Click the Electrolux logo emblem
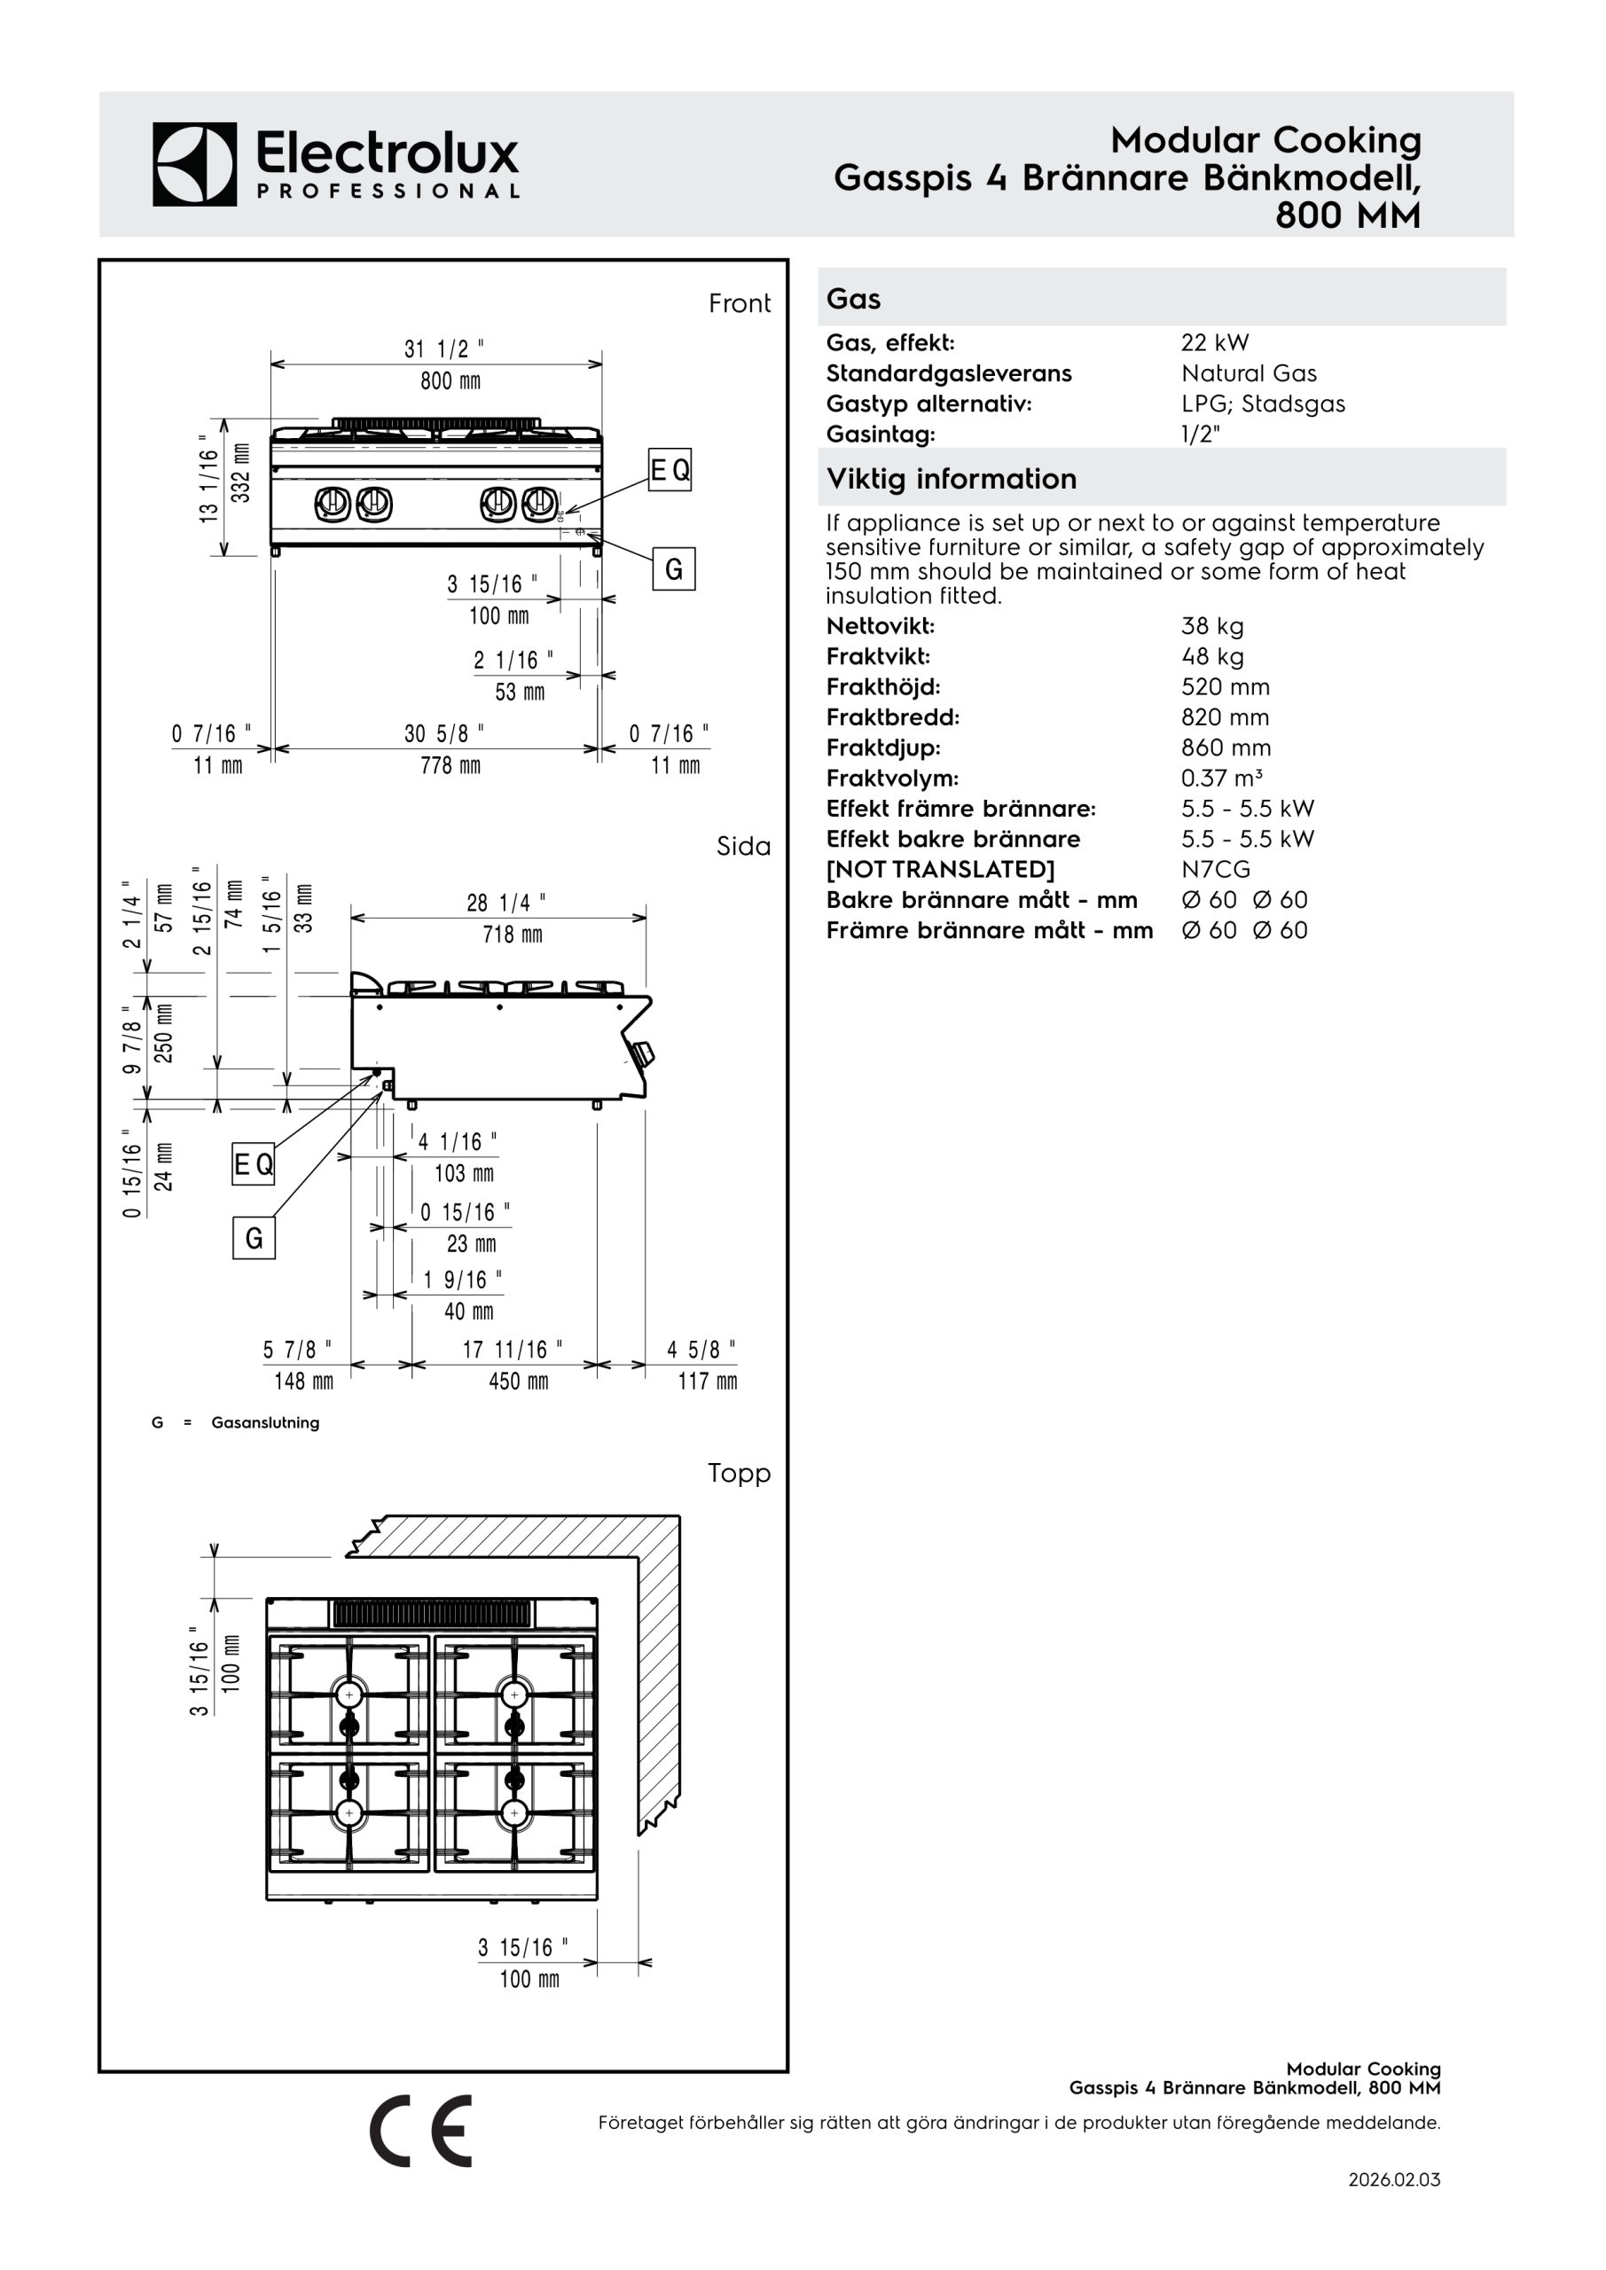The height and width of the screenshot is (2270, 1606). pyautogui.click(x=195, y=164)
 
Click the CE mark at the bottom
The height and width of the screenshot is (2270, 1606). pyautogui.click(x=421, y=2131)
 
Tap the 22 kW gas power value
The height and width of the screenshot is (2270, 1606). pyautogui.click(x=1214, y=343)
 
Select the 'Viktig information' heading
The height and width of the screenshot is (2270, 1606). pyautogui.click(x=952, y=479)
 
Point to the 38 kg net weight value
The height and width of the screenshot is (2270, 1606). pyautogui.click(x=1212, y=627)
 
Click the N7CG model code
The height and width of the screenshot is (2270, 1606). pyautogui.click(x=1216, y=869)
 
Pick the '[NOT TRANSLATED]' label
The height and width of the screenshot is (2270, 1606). pyautogui.click(x=941, y=870)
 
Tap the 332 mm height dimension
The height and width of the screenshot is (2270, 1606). pyautogui.click(x=240, y=473)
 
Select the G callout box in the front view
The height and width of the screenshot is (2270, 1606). pyautogui.click(x=673, y=568)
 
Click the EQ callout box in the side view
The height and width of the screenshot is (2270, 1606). pyautogui.click(x=253, y=1164)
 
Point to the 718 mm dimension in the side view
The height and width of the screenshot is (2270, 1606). pyautogui.click(x=513, y=935)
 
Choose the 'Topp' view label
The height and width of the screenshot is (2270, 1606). pyautogui.click(x=739, y=1473)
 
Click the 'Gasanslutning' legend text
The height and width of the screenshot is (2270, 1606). pyautogui.click(x=265, y=1422)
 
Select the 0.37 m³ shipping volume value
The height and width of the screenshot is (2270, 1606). pyautogui.click(x=1221, y=778)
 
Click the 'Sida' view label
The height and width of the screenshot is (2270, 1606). pyautogui.click(x=742, y=846)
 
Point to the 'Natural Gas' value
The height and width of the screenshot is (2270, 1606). pyautogui.click(x=1249, y=373)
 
